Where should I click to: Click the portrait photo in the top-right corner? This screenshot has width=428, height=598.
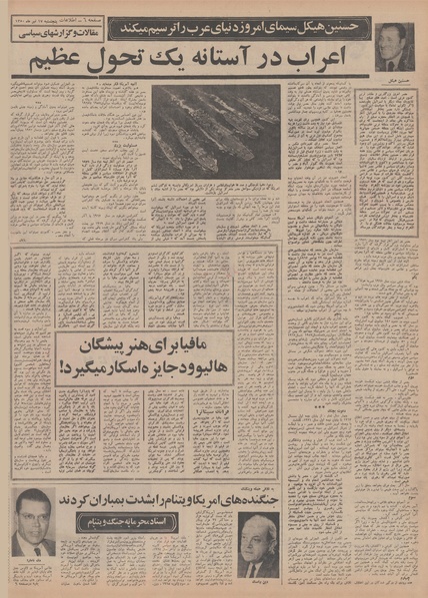[x=393, y=46]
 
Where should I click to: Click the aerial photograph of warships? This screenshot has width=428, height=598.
[x=216, y=129]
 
